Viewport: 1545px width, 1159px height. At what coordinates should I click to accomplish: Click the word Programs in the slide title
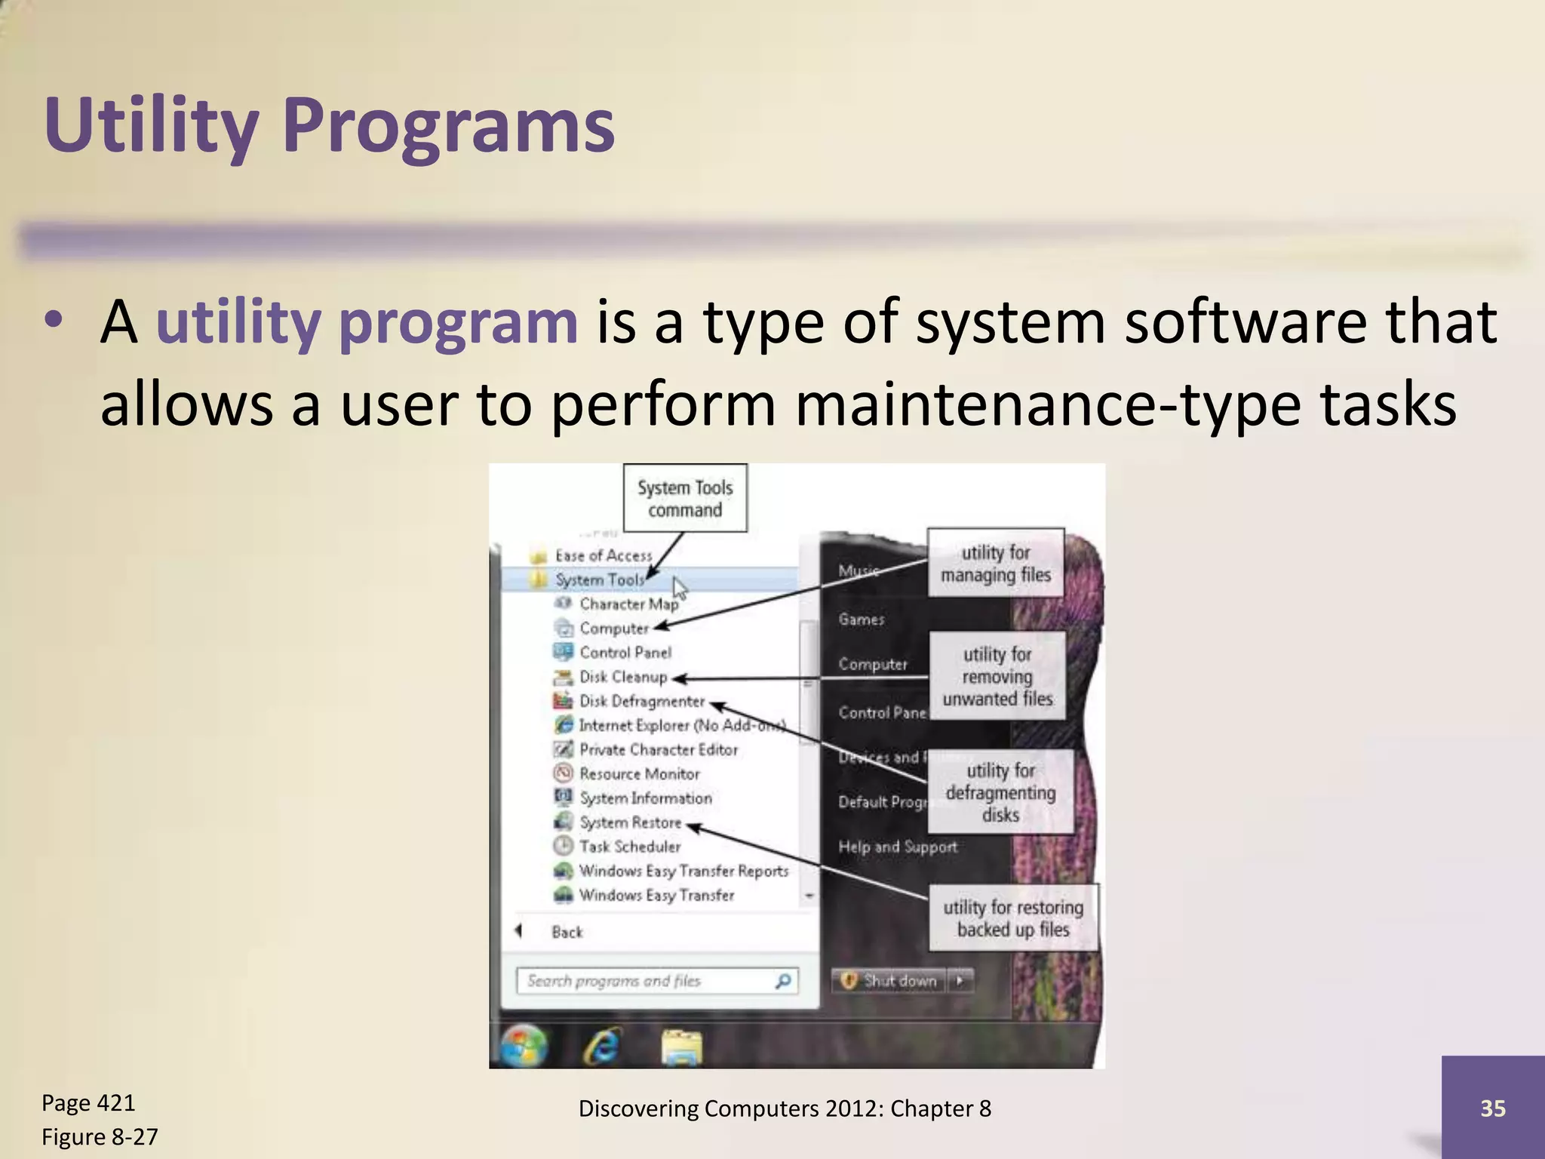[448, 125]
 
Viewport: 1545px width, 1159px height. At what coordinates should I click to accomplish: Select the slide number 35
[1492, 1108]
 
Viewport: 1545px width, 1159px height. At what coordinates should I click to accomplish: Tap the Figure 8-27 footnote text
[100, 1136]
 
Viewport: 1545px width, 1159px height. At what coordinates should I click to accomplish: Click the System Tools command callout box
[685, 499]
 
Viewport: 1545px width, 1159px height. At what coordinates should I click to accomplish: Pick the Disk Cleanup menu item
[622, 677]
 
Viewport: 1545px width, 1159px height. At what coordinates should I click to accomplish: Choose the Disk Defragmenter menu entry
[641, 701]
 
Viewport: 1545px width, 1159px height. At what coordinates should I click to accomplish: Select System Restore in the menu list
[630, 822]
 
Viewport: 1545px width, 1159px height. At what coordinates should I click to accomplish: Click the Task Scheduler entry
[629, 847]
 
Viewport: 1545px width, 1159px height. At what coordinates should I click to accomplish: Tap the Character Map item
[628, 604]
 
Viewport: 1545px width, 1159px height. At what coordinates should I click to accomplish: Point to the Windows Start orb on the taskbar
[524, 1046]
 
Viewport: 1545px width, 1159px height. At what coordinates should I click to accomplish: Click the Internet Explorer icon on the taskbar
[603, 1047]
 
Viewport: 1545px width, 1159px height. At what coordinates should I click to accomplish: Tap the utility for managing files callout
[995, 563]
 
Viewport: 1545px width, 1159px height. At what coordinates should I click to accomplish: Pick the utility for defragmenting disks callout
[1000, 792]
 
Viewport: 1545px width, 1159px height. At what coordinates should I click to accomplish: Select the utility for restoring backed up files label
[1013, 918]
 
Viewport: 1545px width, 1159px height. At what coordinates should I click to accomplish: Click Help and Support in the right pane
[897, 847]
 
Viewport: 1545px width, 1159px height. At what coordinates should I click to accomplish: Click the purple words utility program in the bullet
[366, 322]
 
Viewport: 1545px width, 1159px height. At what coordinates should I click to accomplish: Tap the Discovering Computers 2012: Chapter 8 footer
[785, 1108]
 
